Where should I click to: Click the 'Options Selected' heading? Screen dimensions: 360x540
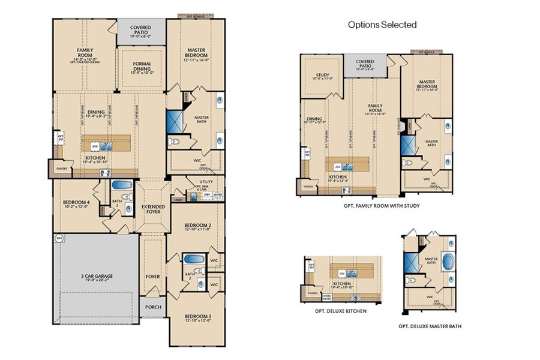[x=382, y=25]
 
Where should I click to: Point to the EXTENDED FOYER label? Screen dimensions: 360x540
[x=153, y=209]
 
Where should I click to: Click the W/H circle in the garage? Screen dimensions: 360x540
[x=59, y=238]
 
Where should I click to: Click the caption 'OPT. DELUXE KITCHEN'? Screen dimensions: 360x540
[x=341, y=311]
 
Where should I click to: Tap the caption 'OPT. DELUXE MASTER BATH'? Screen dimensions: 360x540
[x=430, y=326]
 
